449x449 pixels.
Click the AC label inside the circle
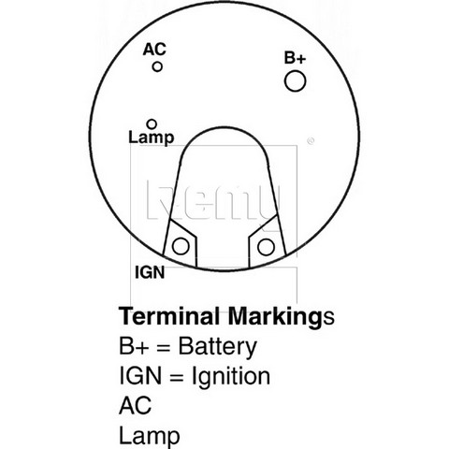[x=154, y=50]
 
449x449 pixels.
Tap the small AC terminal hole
[x=157, y=66]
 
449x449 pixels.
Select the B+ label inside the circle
[x=295, y=58]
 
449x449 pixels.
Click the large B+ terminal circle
[x=295, y=81]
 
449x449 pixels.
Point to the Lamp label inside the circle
[x=152, y=138]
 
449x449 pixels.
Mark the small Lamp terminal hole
[x=152, y=124]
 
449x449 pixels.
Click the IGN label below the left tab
[x=150, y=272]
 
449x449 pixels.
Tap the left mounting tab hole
[x=181, y=246]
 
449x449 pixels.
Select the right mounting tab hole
[x=266, y=247]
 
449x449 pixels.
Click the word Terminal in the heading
[x=169, y=316]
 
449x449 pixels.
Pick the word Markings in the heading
[x=282, y=317]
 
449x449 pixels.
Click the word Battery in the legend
[x=218, y=347]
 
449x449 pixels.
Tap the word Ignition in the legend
[x=231, y=376]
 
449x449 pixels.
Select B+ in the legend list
[x=133, y=346]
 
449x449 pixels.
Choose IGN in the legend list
[x=140, y=375]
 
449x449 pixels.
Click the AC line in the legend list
[x=136, y=405]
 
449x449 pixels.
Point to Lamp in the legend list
[x=150, y=437]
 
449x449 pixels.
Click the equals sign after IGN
[x=176, y=377]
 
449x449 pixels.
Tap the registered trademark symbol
[x=311, y=141]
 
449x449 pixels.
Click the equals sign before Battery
[x=163, y=348]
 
